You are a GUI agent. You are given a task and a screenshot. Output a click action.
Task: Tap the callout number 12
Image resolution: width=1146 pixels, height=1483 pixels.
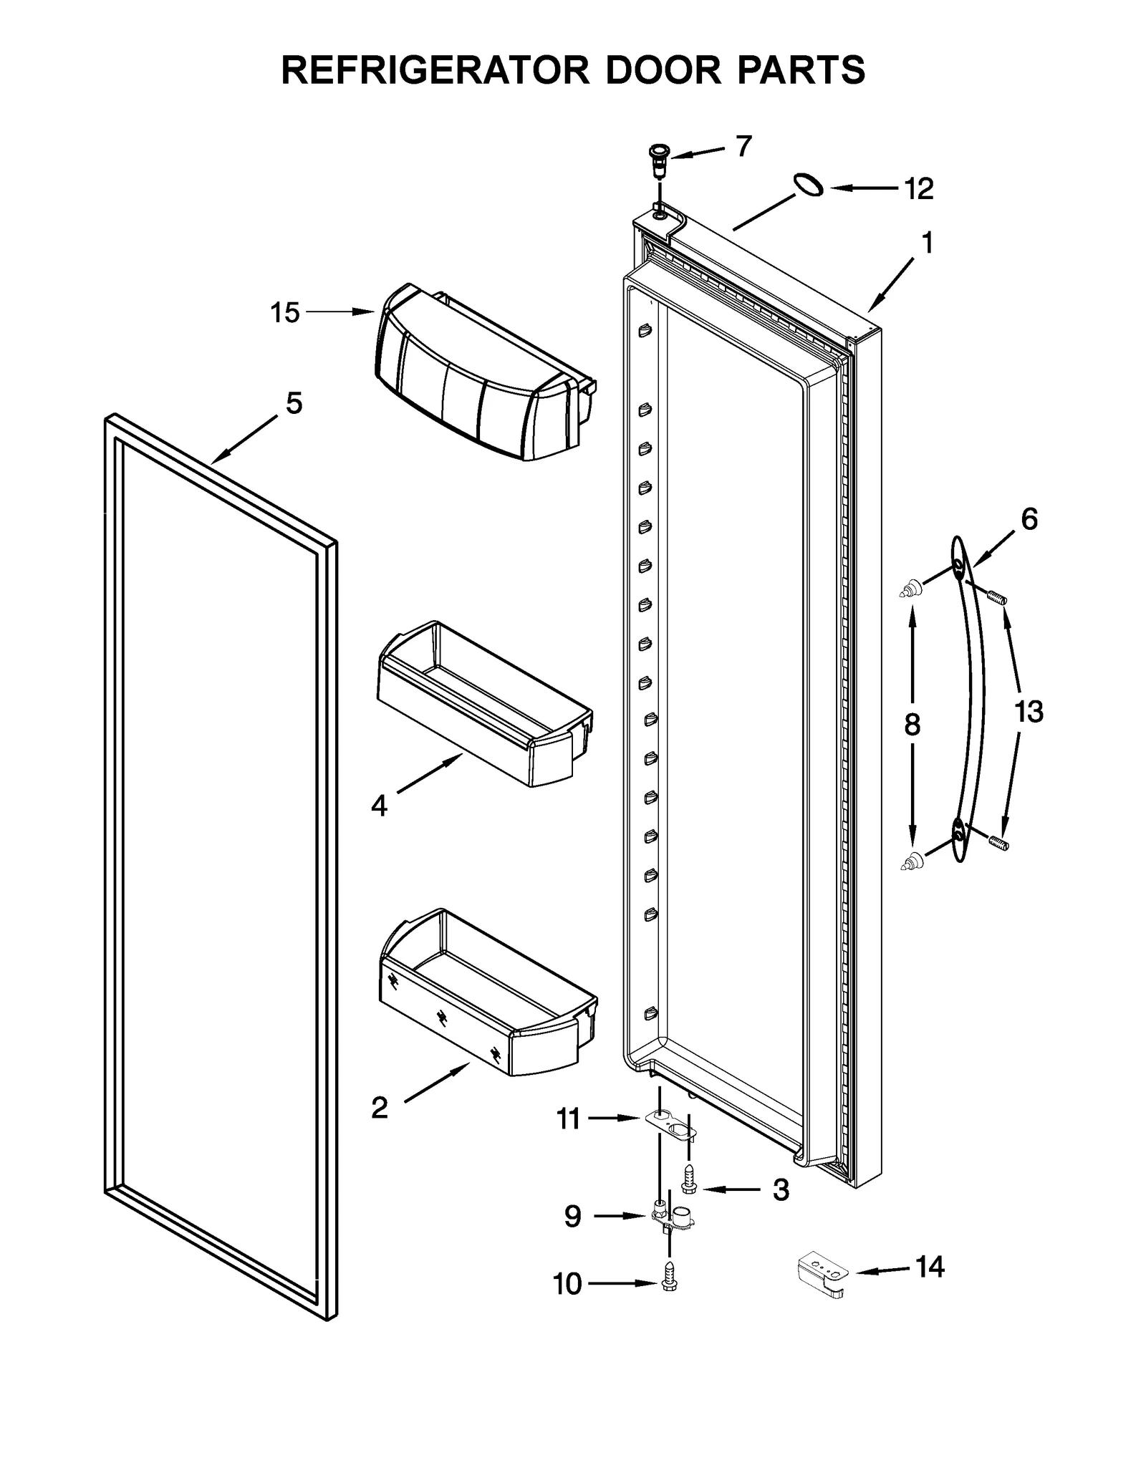pos(918,189)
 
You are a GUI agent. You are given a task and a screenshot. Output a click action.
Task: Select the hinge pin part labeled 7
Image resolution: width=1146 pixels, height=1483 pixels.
pos(657,163)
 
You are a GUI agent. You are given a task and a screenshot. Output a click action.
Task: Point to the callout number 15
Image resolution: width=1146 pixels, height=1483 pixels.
pos(284,313)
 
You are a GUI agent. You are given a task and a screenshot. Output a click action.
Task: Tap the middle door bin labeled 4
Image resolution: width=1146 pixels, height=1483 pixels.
pos(483,705)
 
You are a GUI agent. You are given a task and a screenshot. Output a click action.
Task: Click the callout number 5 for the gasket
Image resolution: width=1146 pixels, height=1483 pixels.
pos(294,403)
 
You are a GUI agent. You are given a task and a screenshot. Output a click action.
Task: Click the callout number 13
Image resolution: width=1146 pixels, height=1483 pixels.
pos(1029,712)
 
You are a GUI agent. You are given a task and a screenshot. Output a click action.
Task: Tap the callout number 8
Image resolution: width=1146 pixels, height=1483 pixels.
pos(912,725)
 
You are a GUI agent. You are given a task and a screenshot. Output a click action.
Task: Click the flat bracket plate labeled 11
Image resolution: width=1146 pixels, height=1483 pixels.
pos(672,1126)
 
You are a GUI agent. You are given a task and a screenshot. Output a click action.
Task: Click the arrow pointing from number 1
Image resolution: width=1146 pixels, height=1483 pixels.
pos(891,287)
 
